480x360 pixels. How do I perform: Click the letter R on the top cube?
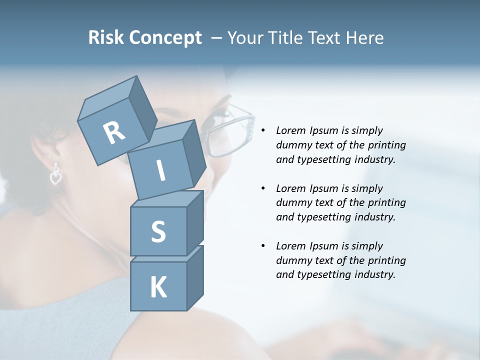[x=114, y=133]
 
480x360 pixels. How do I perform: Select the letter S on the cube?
[x=158, y=231]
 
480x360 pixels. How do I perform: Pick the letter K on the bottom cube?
[x=158, y=287]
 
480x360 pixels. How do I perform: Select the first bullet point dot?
[x=263, y=131]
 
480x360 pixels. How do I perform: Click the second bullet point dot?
[x=263, y=189]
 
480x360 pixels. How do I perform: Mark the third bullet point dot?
[x=263, y=246]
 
